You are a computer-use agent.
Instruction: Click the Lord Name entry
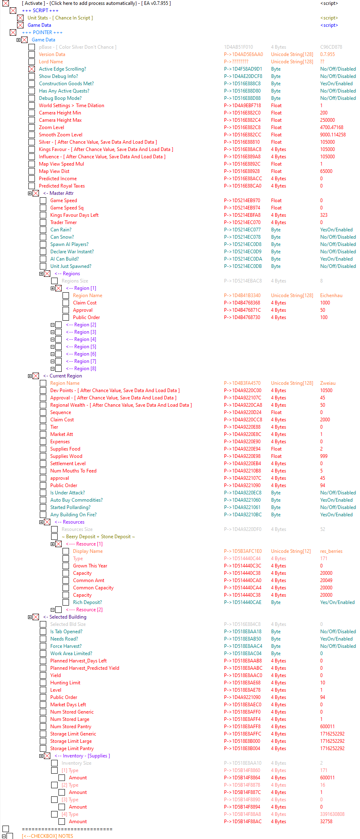[x=51, y=62]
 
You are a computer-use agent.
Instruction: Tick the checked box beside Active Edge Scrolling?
[x=32, y=69]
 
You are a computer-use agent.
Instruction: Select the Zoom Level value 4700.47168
[x=332, y=127]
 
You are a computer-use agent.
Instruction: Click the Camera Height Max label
[x=60, y=120]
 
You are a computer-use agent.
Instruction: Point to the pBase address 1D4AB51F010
[x=238, y=47]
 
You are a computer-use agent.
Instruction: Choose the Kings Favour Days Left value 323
[x=323, y=215]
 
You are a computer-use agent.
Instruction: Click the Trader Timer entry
[x=63, y=222]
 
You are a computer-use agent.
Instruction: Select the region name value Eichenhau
[x=331, y=295]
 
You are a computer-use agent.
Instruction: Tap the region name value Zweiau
[x=328, y=383]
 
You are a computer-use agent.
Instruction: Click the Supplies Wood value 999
[x=323, y=456]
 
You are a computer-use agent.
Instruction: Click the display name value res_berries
[x=331, y=551]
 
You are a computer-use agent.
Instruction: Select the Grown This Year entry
[x=90, y=566]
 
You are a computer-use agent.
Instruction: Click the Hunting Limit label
[x=65, y=683]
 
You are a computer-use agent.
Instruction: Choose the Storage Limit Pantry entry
[x=72, y=748]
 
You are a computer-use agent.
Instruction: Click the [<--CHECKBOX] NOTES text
[x=47, y=836]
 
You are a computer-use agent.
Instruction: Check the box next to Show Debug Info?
[x=32, y=76]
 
